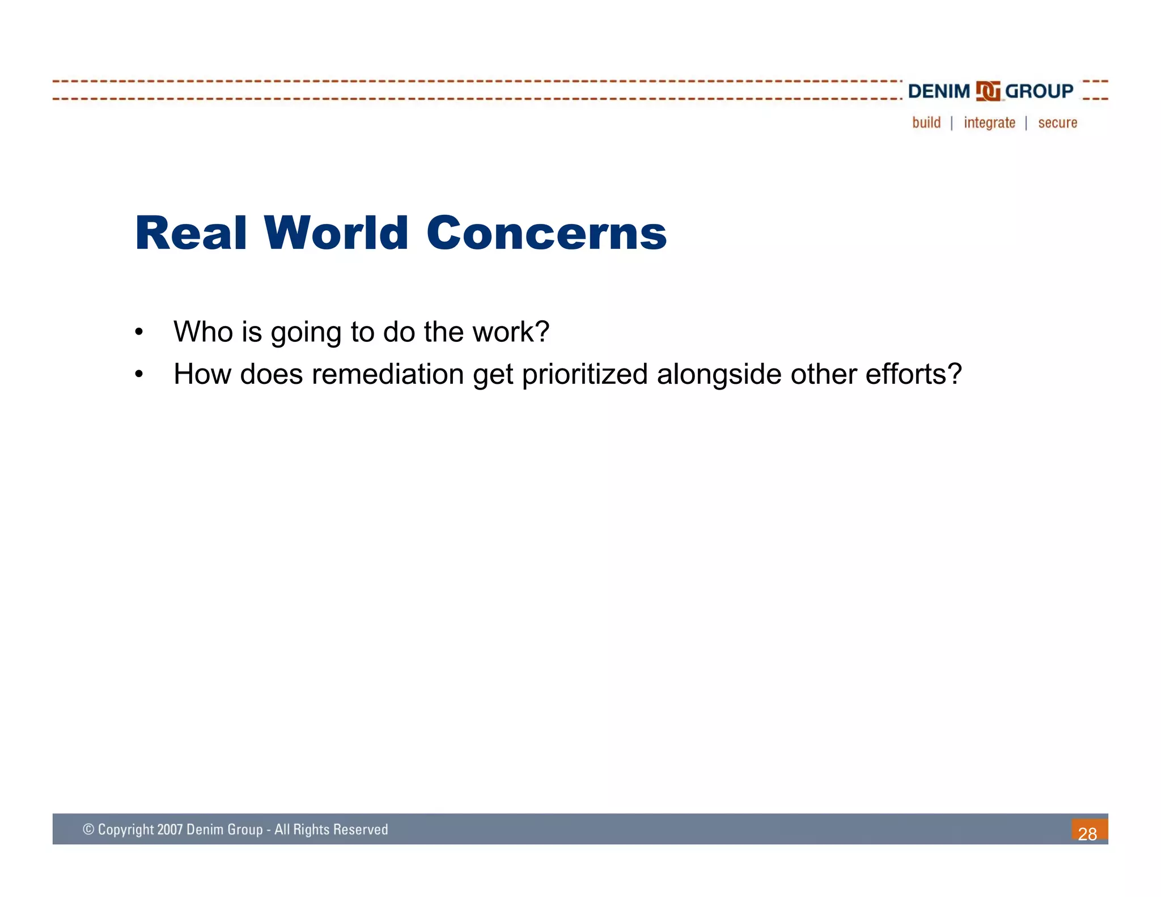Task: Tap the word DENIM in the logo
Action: (x=939, y=91)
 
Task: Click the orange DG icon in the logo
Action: (x=988, y=91)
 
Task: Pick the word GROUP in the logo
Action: (x=1039, y=91)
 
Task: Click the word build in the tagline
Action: (x=926, y=122)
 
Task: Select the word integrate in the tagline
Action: (x=989, y=122)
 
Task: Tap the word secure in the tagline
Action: (x=1057, y=122)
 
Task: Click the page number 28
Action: (x=1087, y=833)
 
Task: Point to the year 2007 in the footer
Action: (x=170, y=830)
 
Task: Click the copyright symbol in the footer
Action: (x=88, y=830)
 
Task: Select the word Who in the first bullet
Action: (x=203, y=332)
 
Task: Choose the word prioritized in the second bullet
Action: (x=584, y=374)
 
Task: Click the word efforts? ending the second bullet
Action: (x=913, y=374)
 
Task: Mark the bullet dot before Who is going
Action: (x=139, y=332)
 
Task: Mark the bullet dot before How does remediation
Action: (x=139, y=375)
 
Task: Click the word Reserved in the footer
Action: (x=361, y=830)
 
